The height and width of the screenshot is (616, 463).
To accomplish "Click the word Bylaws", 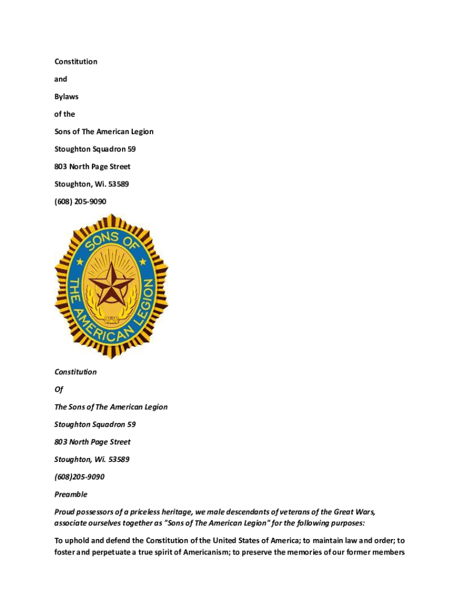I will point(66,96).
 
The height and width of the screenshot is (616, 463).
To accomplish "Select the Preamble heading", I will point(71,494).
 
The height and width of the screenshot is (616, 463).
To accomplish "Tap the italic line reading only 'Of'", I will point(58,389).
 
